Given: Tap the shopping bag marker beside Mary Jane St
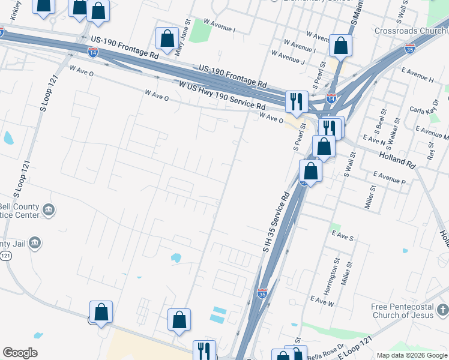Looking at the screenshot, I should pyautogui.click(x=167, y=38).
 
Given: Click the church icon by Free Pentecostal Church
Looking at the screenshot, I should pyautogui.click(x=442, y=310).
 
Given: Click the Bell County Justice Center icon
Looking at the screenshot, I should pyautogui.click(x=49, y=210).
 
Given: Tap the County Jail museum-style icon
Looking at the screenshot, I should pyautogui.click(x=35, y=242).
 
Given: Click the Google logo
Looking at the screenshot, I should pyautogui.click(x=20, y=353).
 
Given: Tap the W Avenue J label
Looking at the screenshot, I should pyautogui.click(x=288, y=58).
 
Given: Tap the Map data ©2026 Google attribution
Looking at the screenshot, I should pyautogui.click(x=412, y=355).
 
